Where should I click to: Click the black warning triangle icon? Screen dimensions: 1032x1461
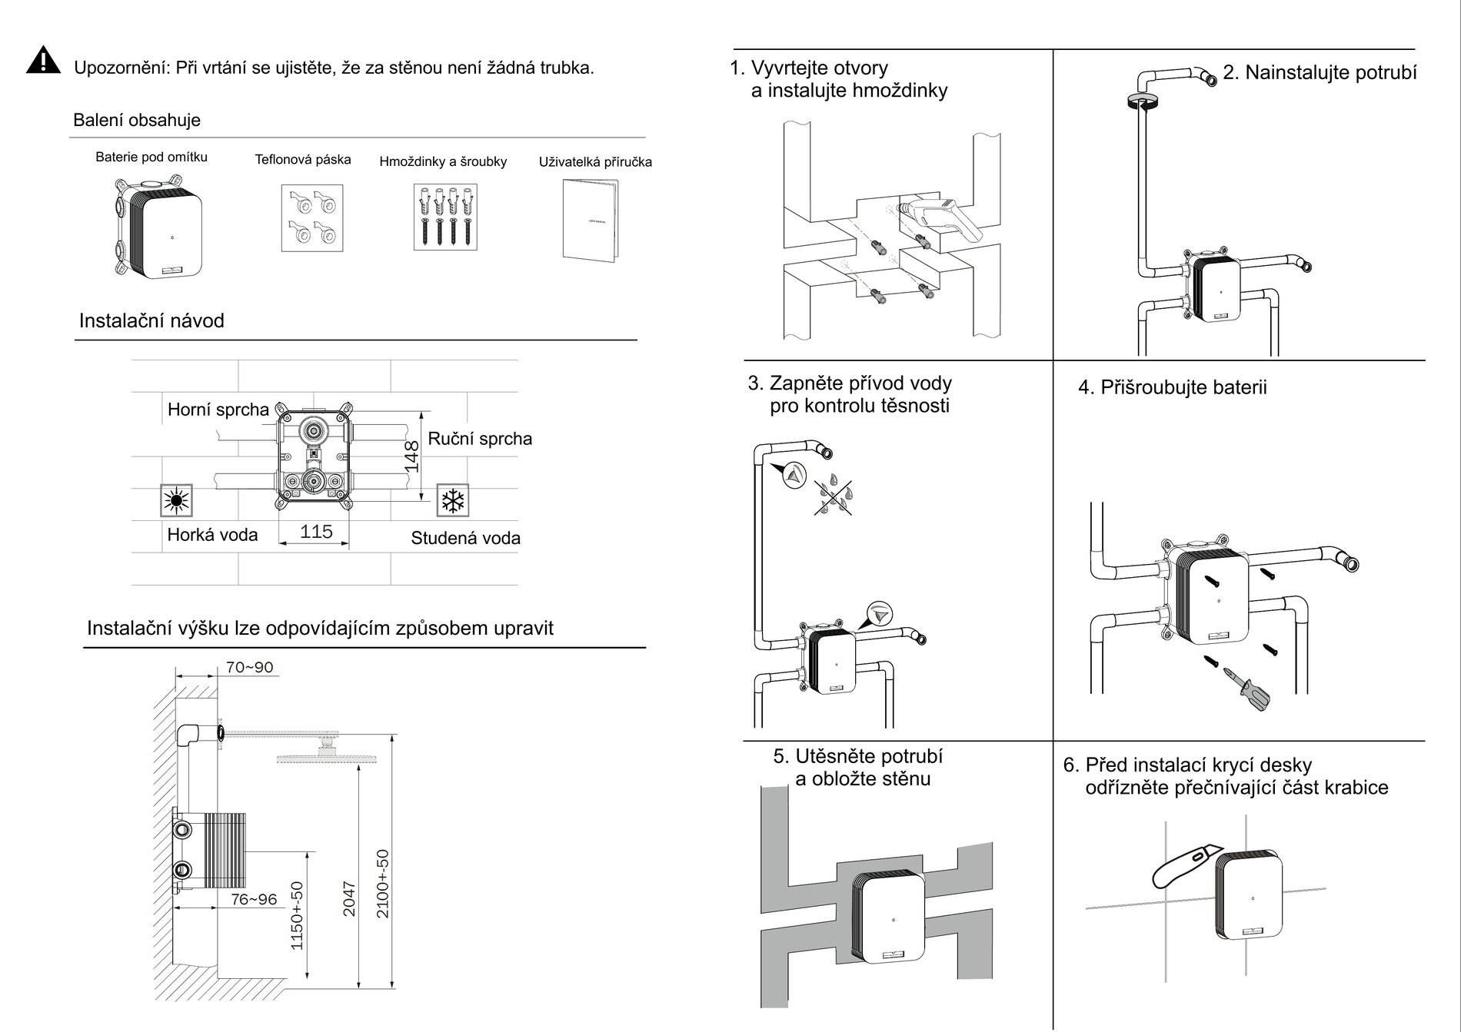[43, 61]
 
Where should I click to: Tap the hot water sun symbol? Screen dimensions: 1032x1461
[177, 501]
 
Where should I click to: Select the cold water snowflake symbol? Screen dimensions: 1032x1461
[452, 501]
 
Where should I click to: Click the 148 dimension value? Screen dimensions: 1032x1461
[412, 456]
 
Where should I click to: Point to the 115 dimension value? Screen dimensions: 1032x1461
[316, 532]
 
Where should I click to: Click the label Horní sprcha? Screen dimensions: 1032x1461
[218, 410]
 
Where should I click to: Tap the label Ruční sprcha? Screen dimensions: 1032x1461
[480, 439]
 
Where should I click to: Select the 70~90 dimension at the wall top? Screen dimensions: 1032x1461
[249, 667]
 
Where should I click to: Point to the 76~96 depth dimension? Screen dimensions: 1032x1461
[254, 899]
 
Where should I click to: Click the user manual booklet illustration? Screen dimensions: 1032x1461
[590, 220]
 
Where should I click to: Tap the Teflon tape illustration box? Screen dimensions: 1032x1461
[311, 217]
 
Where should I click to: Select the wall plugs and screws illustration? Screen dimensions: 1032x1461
[444, 217]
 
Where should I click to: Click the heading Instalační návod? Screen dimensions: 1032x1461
[151, 320]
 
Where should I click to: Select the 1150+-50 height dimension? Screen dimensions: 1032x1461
[298, 915]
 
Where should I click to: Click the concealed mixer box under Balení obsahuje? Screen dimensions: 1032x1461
[159, 228]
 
